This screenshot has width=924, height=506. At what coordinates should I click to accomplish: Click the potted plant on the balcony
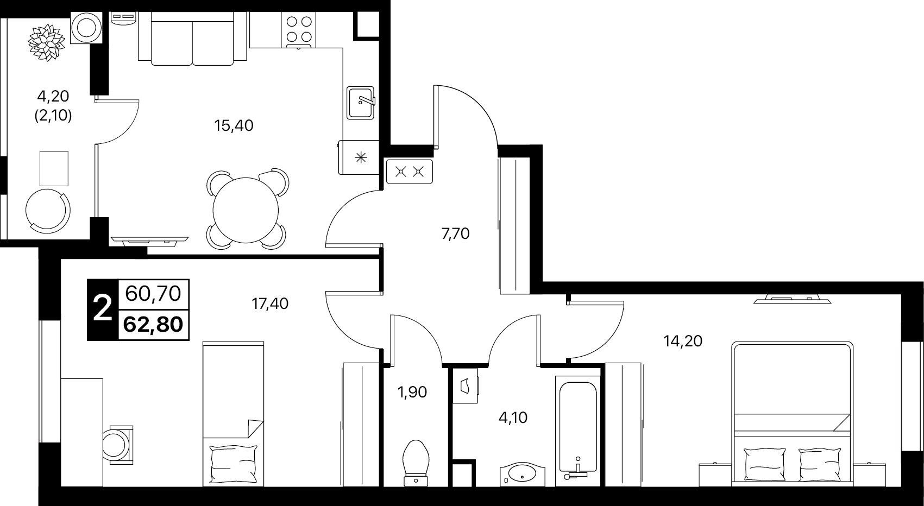click(x=47, y=43)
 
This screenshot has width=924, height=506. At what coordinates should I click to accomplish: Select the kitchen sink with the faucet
click(x=361, y=103)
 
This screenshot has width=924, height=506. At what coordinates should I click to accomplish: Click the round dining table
click(x=246, y=210)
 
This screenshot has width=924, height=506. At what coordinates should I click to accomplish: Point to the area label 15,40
click(x=234, y=125)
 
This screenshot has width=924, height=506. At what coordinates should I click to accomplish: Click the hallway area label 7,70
click(x=455, y=234)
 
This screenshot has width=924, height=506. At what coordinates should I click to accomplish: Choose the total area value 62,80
click(x=153, y=325)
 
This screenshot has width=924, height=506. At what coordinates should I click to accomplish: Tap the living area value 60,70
click(x=153, y=294)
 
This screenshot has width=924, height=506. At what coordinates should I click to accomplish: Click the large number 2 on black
click(x=103, y=309)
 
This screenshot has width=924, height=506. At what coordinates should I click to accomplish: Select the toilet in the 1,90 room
click(x=416, y=463)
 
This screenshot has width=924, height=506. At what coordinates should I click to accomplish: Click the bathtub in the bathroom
click(x=577, y=431)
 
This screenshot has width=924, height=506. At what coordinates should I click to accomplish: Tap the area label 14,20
click(x=683, y=341)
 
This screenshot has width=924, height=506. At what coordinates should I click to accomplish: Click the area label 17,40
click(x=270, y=304)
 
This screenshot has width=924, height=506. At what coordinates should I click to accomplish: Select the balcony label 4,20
click(x=53, y=97)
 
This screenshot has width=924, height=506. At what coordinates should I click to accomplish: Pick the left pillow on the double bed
click(x=764, y=464)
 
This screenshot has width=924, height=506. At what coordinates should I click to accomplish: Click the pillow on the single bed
click(x=234, y=464)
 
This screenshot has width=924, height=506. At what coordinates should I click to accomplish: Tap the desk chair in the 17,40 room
click(x=117, y=445)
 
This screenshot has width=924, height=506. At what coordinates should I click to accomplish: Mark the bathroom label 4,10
click(x=513, y=418)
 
